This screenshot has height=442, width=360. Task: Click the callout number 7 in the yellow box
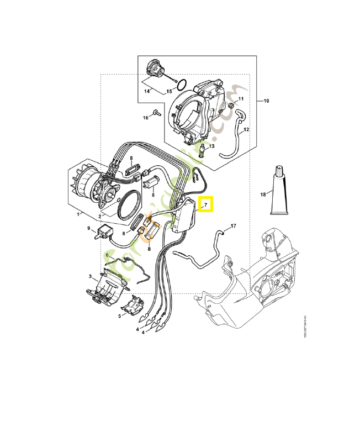click(x=206, y=205)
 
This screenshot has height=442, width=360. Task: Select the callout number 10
click(x=266, y=101)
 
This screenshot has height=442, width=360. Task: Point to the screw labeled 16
click(x=157, y=113)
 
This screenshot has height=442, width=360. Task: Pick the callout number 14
click(x=147, y=91)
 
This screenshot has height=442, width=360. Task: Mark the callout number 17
click(x=233, y=226)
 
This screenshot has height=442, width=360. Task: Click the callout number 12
click(x=246, y=129)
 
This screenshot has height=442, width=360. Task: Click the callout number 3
click(x=90, y=276)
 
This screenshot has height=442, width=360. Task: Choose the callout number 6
click(x=107, y=255)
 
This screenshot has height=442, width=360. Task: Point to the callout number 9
click(x=88, y=228)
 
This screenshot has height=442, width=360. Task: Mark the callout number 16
click(x=146, y=118)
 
